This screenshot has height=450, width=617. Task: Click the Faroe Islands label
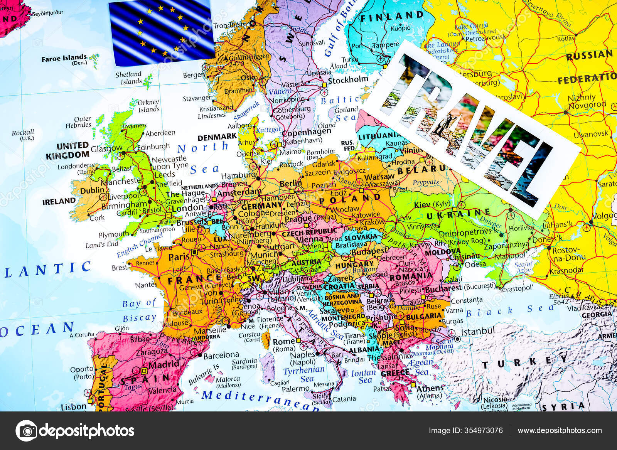pyautogui.click(x=64, y=59)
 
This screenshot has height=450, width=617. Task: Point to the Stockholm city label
pyautogui.click(x=348, y=80)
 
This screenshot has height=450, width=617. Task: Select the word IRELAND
pyautogui.click(x=59, y=201)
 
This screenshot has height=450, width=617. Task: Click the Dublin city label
pyautogui.click(x=92, y=190)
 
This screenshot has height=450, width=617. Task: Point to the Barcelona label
pyautogui.click(x=221, y=355)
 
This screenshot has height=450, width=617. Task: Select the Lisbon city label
pyautogui.click(x=74, y=406)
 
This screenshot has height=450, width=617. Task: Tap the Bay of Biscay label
pyautogui.click(x=139, y=310)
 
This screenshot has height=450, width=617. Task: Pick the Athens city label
pyautogui.click(x=430, y=388)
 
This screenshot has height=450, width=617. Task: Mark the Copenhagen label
pyautogui.click(x=307, y=132)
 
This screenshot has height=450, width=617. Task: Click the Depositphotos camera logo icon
pyautogui.click(x=26, y=430)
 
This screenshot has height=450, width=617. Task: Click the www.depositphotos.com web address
pyautogui.click(x=560, y=430)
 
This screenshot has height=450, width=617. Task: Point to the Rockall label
pyautogui.click(x=23, y=133)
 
